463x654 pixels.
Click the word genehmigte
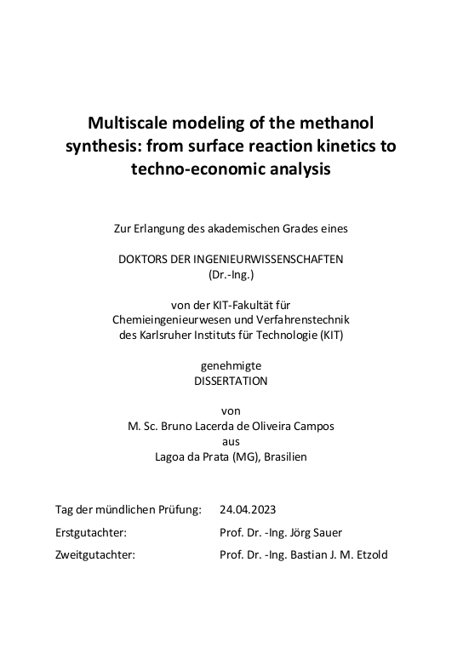(x=231, y=365)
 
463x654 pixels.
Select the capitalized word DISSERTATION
(x=231, y=381)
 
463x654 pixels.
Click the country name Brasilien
(x=285, y=456)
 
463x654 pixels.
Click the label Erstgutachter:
(x=91, y=532)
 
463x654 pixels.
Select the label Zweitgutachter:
(x=94, y=555)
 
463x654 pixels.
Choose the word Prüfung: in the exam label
(x=177, y=509)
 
